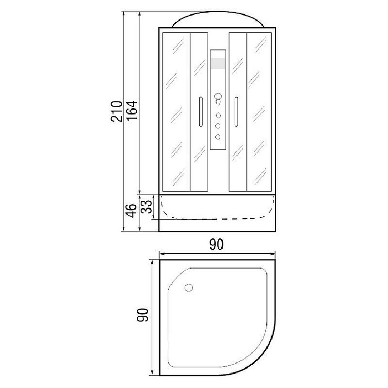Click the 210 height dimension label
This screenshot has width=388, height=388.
pos(116,111)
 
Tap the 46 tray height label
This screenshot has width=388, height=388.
pos(131,211)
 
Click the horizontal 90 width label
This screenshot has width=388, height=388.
pos(216,244)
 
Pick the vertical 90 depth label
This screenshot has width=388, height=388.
pos(143,315)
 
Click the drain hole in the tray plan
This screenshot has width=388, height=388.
pos(189,288)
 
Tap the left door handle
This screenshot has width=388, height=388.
pos(201,112)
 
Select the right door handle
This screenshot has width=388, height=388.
pos(236,112)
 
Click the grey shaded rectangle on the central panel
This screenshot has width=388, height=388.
pos(218,63)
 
